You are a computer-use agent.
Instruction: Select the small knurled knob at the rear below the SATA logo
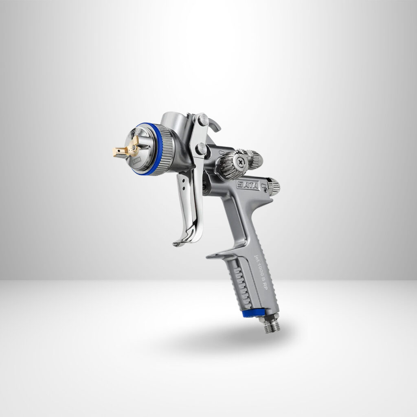click(x=273, y=187)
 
